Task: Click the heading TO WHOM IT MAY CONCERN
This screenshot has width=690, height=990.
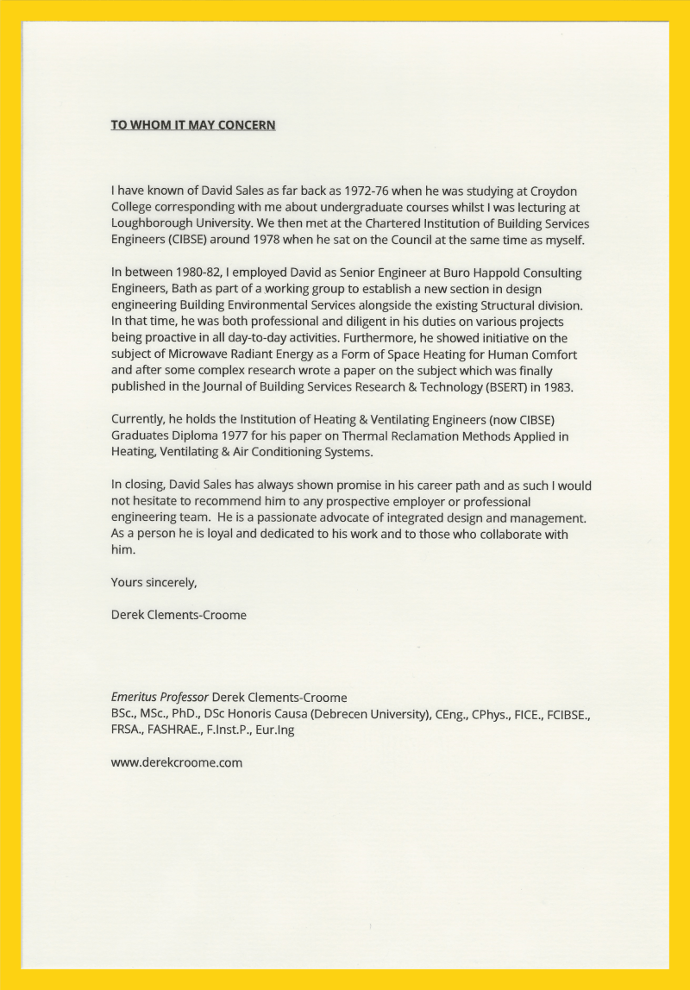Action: point(193,125)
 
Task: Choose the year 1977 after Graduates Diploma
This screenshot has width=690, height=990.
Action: point(235,436)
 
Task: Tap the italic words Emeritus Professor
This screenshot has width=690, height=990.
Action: point(160,697)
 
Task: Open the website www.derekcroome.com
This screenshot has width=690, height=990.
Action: point(177,762)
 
